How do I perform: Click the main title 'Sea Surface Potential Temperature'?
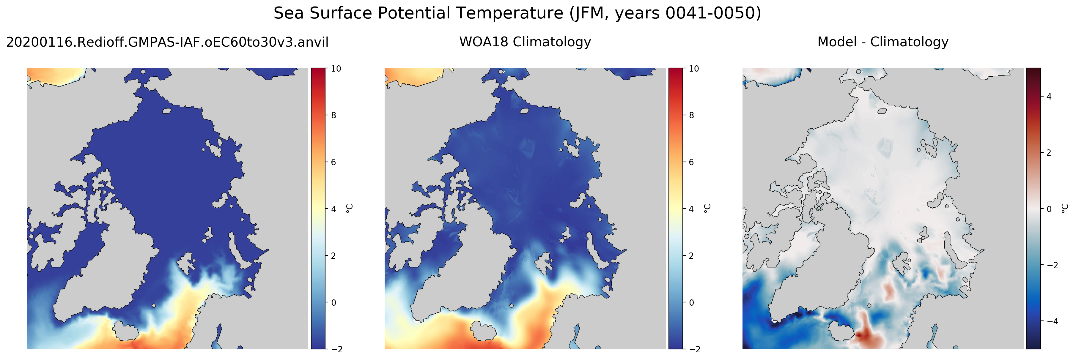point(419,13)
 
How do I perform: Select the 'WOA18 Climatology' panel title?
point(525,42)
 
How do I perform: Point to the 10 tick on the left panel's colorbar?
point(336,69)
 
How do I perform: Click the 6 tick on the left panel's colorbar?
point(333,162)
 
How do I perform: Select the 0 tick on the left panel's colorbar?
point(333,302)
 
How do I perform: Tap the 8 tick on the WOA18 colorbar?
point(691,115)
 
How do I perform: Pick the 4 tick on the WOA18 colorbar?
point(691,209)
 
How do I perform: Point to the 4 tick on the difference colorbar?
point(1049,97)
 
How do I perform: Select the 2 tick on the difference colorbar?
point(1049,153)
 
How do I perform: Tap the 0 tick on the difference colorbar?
point(1049,209)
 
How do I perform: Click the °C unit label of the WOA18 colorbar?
point(707,209)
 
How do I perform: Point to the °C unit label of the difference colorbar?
point(1065,209)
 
